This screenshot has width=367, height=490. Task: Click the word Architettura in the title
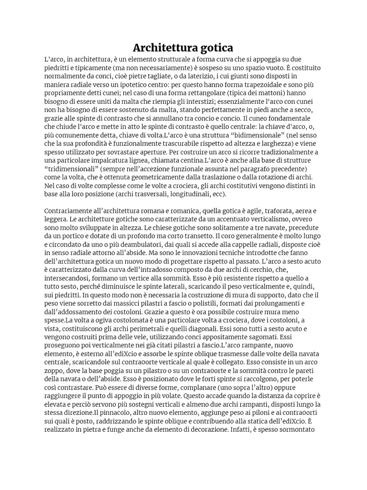[163, 48]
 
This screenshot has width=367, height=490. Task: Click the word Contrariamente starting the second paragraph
[69, 211]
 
